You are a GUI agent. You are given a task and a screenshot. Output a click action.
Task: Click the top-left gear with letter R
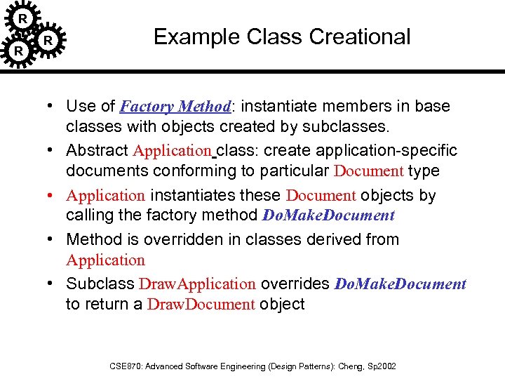pos(22,18)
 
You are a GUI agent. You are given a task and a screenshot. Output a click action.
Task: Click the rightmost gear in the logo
pos(48,41)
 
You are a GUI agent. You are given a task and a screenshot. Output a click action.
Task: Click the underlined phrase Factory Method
pos(175,107)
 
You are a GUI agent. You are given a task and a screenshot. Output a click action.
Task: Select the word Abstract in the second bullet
pos(97,150)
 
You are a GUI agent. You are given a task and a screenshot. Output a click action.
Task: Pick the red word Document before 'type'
pos(368,171)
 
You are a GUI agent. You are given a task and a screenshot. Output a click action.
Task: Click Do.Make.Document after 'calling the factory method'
pos(328,215)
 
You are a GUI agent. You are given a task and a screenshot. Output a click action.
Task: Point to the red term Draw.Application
pos(197,284)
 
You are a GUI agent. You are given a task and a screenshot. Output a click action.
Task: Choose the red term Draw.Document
pos(201,305)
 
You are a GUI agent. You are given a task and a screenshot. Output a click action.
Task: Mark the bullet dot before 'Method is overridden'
pos(53,239)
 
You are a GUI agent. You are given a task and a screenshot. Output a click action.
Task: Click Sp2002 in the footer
pos(382,366)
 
